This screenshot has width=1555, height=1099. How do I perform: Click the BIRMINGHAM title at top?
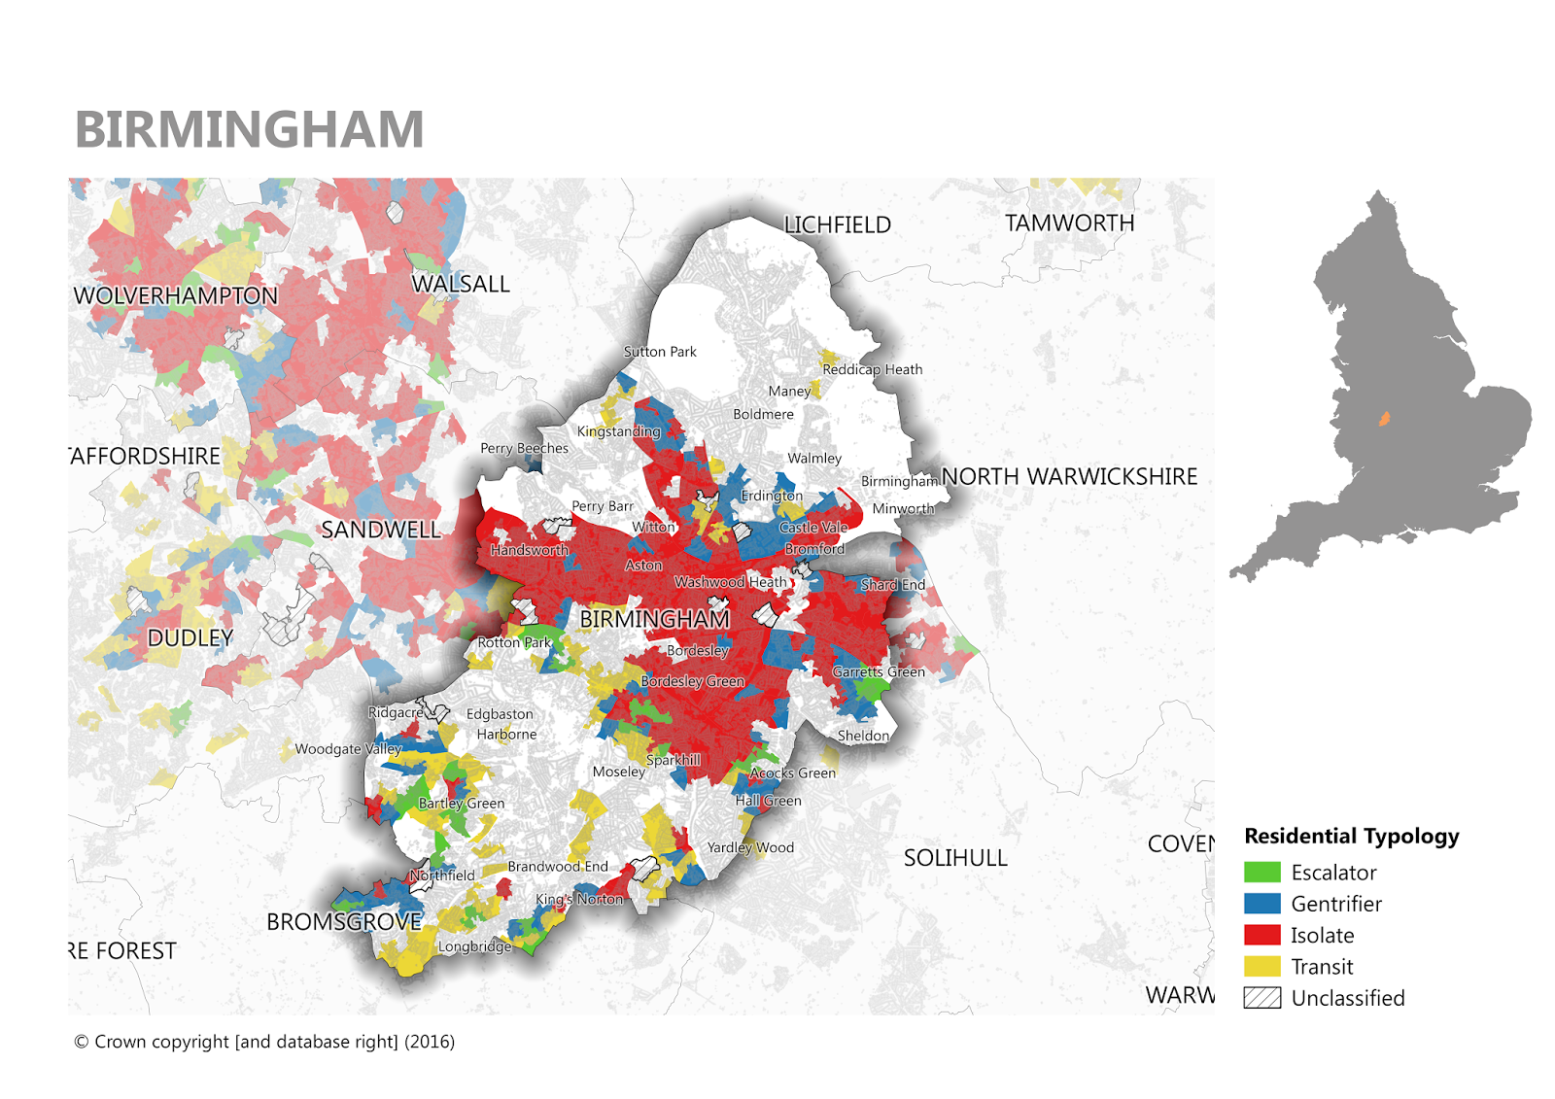tap(250, 130)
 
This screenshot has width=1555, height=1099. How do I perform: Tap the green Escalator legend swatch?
tap(1261, 872)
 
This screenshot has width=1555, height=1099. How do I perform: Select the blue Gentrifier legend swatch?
tap(1261, 904)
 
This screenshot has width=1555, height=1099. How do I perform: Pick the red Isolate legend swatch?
tap(1261, 935)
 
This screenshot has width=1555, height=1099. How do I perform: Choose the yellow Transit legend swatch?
tap(1261, 966)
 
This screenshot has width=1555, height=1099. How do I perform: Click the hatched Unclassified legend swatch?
tap(1261, 998)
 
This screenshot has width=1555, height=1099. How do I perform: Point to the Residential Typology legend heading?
tap(1351, 837)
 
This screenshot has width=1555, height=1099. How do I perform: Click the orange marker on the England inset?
tap(1384, 420)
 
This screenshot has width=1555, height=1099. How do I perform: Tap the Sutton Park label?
tap(660, 352)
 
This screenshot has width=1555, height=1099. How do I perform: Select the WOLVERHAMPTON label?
tap(176, 295)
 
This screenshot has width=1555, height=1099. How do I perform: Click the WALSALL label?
tap(461, 284)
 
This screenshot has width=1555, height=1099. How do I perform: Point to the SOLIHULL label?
tap(955, 858)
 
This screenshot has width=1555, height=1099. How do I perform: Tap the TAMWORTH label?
tap(1069, 223)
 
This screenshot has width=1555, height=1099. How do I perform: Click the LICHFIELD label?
tap(838, 225)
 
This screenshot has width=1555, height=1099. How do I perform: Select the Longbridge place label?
tap(474, 946)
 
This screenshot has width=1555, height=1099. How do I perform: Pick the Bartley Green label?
tap(462, 804)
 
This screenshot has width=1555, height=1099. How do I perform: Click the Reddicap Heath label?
tap(872, 369)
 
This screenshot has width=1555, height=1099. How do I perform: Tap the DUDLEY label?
tap(190, 638)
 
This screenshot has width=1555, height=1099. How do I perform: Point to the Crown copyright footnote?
tap(264, 1042)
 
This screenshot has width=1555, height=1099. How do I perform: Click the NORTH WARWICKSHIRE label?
tap(1069, 477)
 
